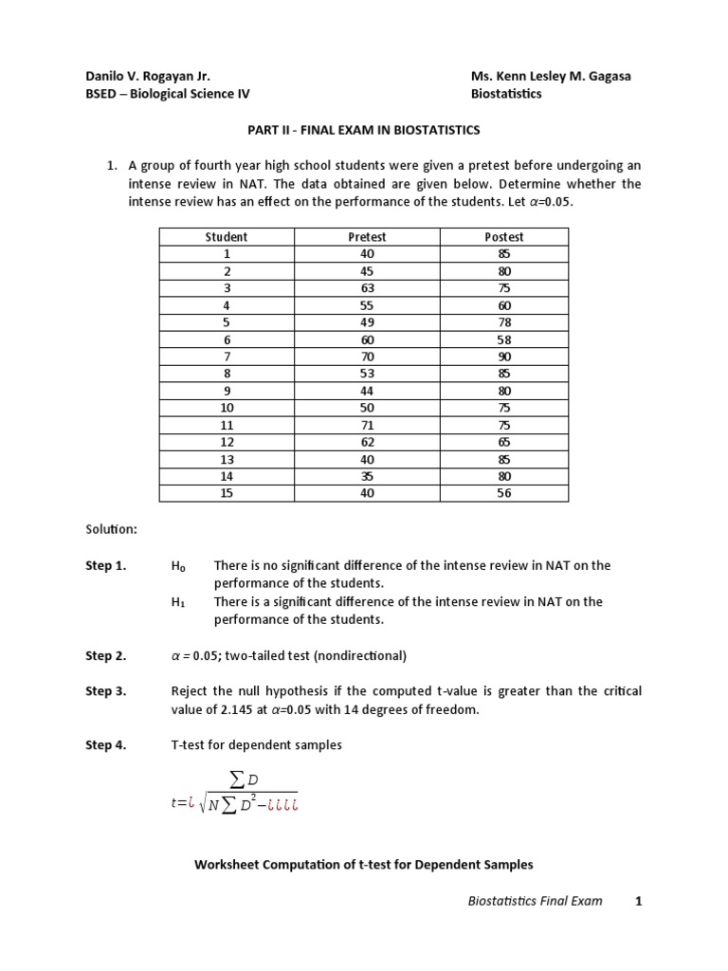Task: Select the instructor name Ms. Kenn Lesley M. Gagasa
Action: [x=551, y=77]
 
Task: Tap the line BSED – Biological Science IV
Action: [x=168, y=94]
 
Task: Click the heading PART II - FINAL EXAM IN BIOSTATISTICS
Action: [x=364, y=129]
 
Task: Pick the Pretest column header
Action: [x=368, y=237]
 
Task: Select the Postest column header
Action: [x=503, y=237]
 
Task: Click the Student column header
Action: [x=227, y=237]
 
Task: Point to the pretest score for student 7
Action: [x=368, y=357]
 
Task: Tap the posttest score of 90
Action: [x=503, y=357]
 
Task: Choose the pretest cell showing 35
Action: [x=368, y=476]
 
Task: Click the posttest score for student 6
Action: [x=503, y=339]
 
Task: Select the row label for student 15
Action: [x=227, y=493]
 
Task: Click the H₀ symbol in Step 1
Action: [x=178, y=566]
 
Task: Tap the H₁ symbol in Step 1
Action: [x=178, y=602]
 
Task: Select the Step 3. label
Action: [x=105, y=691]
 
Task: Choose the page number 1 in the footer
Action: [x=639, y=901]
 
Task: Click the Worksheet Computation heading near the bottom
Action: [x=364, y=865]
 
